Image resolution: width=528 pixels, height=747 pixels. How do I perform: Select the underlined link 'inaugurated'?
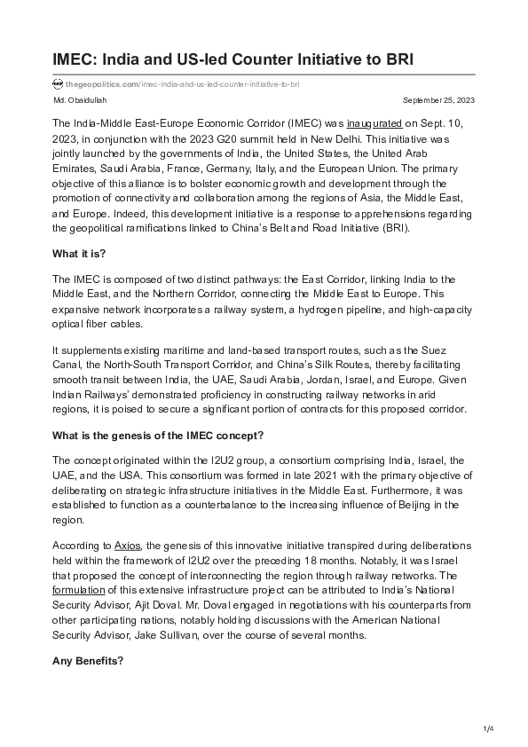pyautogui.click(x=374, y=122)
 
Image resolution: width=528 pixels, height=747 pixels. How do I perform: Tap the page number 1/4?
pyautogui.click(x=487, y=728)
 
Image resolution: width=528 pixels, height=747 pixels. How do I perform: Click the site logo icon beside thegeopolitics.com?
pyautogui.click(x=58, y=83)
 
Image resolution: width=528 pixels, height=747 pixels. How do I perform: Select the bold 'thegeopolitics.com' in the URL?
pyautogui.click(x=101, y=83)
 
